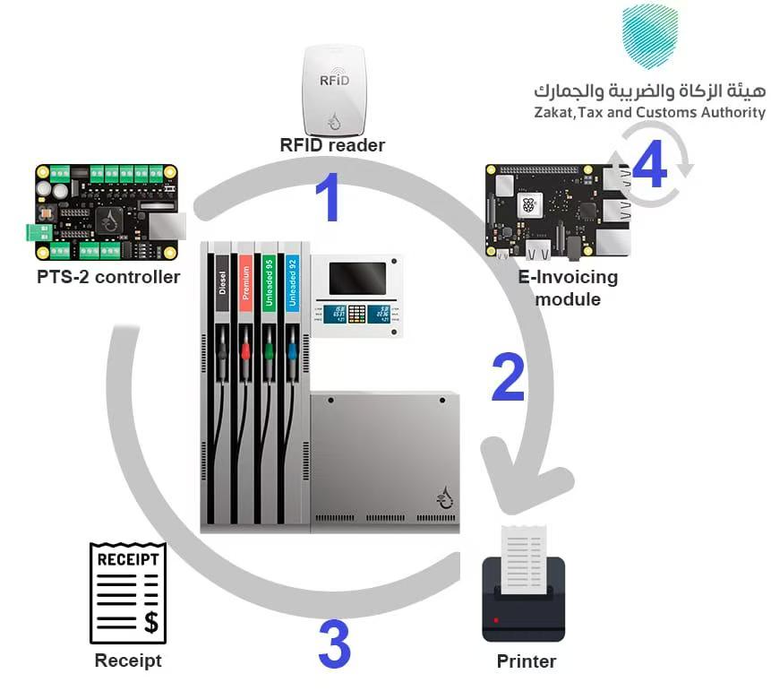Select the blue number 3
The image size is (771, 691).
click(334, 644)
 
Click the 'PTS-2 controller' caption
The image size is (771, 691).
click(108, 277)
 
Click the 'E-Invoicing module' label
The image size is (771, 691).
click(568, 288)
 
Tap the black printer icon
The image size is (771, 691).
click(524, 596)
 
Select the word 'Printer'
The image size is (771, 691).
click(527, 662)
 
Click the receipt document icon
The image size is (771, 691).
click(128, 592)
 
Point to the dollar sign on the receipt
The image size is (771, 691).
click(150, 621)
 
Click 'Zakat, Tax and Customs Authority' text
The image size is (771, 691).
click(649, 113)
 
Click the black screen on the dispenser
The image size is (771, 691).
click(357, 278)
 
